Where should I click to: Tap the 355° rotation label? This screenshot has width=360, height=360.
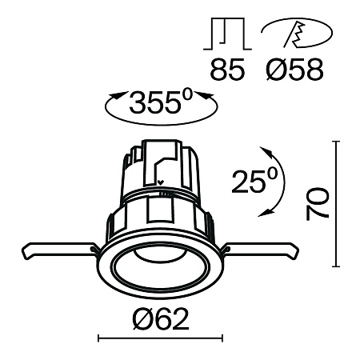(x=160, y=104)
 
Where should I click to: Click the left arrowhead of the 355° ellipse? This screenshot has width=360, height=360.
(x=112, y=99)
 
